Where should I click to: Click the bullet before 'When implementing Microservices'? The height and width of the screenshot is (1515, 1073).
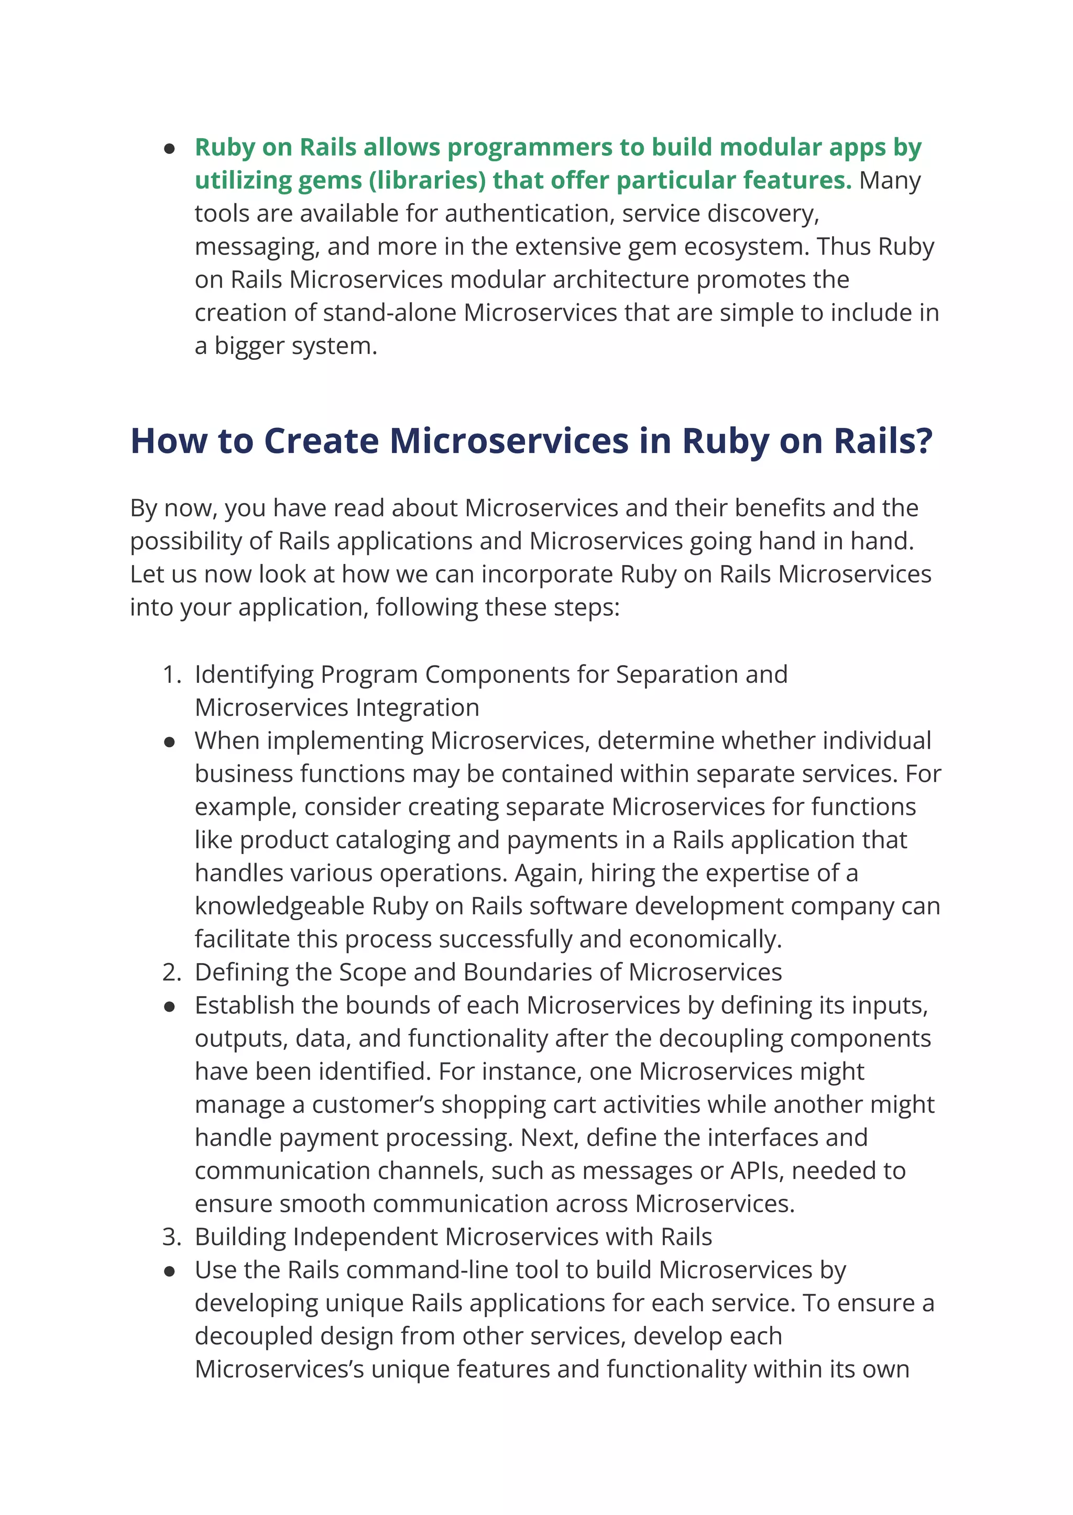point(170,742)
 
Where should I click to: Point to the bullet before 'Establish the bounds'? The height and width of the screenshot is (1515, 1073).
point(170,1007)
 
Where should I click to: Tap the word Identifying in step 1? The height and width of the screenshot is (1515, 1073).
point(254,674)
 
